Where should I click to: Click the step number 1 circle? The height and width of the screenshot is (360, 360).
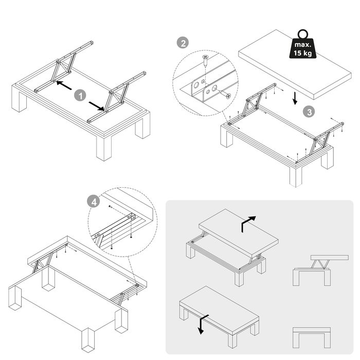(x=79, y=95)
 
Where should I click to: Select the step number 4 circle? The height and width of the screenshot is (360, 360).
(x=93, y=202)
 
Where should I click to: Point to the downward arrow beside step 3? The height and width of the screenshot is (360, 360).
(x=294, y=98)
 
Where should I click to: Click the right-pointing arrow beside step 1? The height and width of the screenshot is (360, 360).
(x=96, y=104)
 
